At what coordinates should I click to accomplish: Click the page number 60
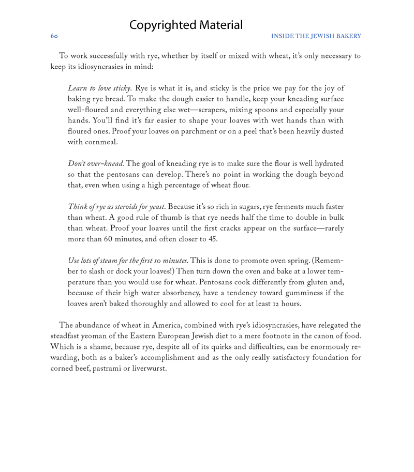pyautogui.click(x=54, y=36)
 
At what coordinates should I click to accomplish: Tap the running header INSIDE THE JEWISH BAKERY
pyautogui.click(x=316, y=36)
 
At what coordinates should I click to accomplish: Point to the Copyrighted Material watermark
pyautogui.click(x=186, y=25)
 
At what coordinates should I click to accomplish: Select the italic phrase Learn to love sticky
pyautogui.click(x=99, y=88)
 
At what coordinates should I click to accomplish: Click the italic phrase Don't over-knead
pyautogui.click(x=96, y=164)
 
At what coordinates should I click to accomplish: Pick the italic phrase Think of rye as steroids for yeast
pyautogui.click(x=116, y=207)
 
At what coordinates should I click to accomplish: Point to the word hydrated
pyautogui.click(x=326, y=164)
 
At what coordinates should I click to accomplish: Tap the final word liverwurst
pyautogui.click(x=149, y=369)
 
